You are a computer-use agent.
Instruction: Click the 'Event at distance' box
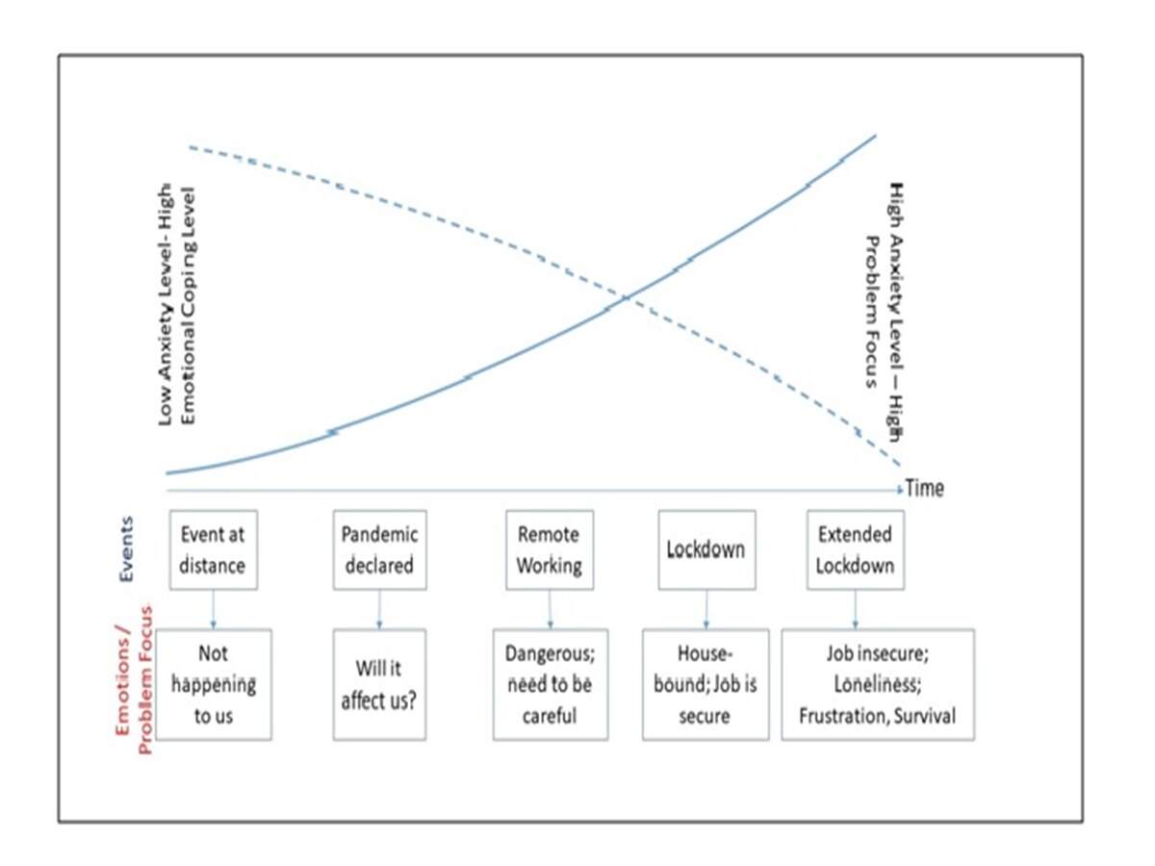(213, 549)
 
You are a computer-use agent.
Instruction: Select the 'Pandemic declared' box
(379, 549)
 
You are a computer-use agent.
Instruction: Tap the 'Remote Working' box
(549, 549)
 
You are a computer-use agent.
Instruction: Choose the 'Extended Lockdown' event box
(855, 549)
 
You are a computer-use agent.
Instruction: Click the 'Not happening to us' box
(213, 684)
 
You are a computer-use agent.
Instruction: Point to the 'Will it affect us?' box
(379, 684)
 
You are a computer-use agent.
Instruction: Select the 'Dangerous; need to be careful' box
(550, 684)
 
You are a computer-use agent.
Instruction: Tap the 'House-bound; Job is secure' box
(706, 684)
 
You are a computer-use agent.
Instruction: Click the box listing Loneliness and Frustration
(877, 684)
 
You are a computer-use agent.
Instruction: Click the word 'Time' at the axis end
(925, 489)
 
